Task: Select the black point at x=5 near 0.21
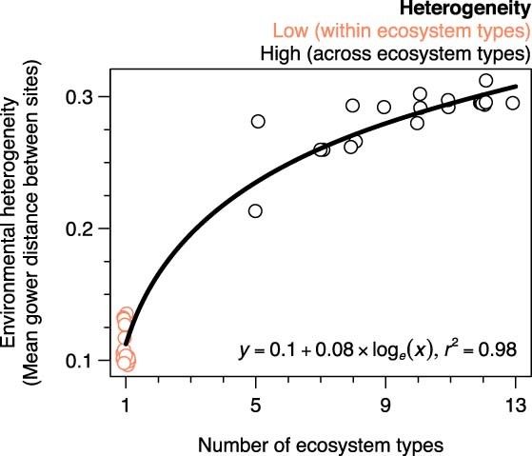(255, 210)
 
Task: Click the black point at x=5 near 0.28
(258, 121)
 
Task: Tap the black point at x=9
(384, 107)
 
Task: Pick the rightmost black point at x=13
(513, 103)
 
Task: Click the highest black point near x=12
(486, 81)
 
